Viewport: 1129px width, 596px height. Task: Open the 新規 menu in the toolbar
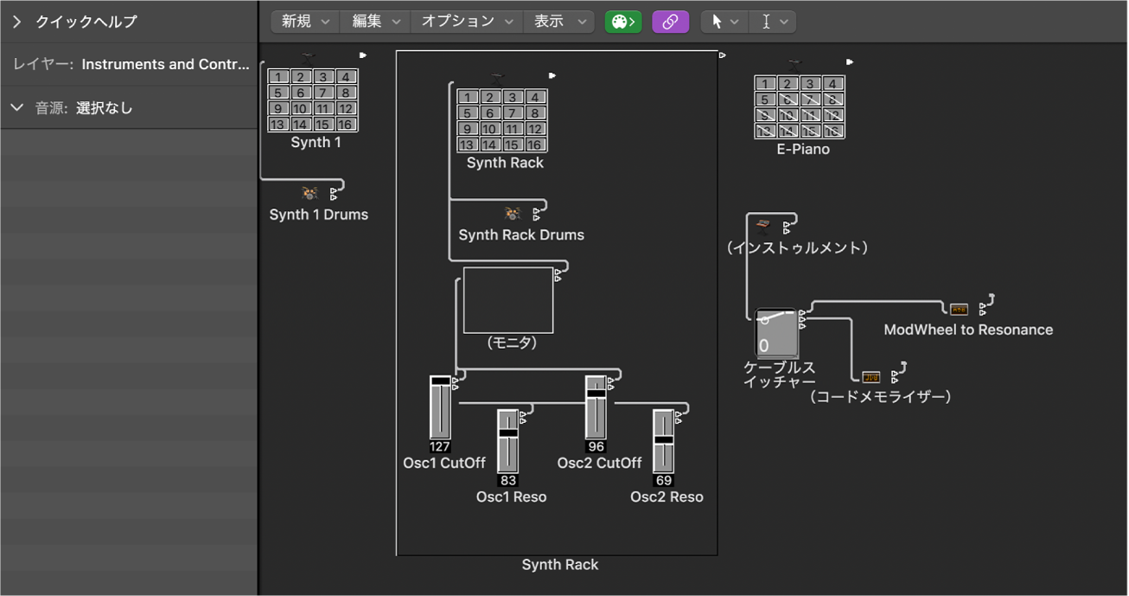[305, 22]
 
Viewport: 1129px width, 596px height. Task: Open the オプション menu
[467, 22]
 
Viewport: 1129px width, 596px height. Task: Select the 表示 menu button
[558, 22]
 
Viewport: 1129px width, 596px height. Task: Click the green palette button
[622, 22]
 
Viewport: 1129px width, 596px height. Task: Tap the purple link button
[670, 22]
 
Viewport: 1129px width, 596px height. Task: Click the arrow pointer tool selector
[724, 22]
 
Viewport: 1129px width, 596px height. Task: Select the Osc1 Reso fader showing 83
[507, 441]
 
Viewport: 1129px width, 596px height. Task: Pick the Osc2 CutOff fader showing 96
[595, 407]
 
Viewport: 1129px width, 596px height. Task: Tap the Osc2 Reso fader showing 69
[663, 441]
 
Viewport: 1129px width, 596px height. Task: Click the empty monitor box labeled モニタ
[507, 299]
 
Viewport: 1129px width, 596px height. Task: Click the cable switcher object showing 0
[775, 332]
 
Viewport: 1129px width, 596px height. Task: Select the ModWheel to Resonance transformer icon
[959, 309]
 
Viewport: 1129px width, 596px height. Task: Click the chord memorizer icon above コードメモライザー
[871, 376]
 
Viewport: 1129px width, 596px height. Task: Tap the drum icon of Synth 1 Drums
[309, 194]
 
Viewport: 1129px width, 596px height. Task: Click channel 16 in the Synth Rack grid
[535, 144]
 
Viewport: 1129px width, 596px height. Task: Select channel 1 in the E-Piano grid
[765, 84]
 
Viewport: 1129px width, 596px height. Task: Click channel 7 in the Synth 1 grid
[322, 93]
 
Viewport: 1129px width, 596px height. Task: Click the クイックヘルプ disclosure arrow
[16, 22]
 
